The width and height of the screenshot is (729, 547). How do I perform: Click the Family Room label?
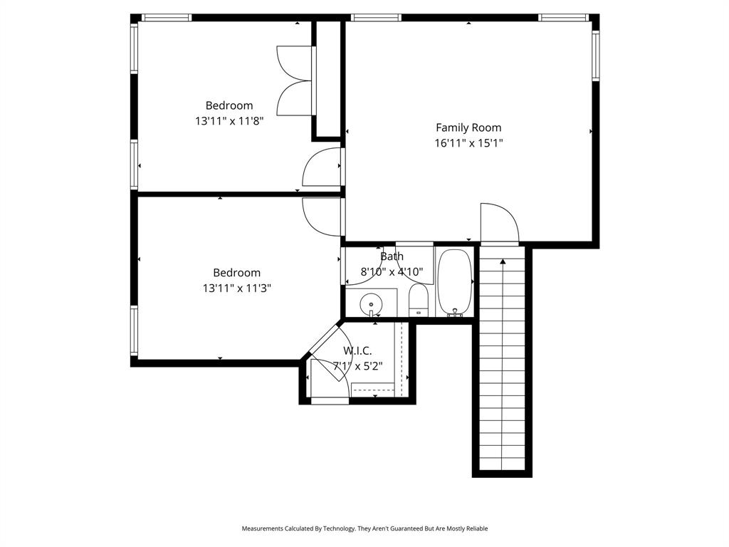click(468, 127)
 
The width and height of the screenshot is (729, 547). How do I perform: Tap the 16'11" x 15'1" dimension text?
click(468, 143)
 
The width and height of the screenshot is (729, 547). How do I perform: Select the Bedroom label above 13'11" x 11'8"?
click(229, 105)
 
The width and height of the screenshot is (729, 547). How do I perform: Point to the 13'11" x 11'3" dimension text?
click(236, 288)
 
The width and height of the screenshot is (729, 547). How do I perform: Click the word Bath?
click(392, 256)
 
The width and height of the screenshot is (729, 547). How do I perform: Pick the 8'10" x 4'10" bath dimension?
click(392, 271)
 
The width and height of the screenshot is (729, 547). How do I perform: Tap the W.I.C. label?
click(357, 351)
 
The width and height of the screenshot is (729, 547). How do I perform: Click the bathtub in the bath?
click(454, 281)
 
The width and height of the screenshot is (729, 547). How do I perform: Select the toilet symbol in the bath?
click(418, 299)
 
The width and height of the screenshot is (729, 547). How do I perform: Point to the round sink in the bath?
click(371, 305)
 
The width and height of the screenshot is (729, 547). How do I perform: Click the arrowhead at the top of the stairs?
click(503, 261)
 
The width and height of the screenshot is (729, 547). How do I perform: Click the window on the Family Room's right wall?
click(595, 56)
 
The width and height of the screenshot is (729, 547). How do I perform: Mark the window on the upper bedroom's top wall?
click(166, 18)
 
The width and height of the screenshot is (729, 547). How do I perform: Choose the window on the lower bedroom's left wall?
click(134, 330)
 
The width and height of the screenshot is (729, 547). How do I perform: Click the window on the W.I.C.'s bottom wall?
click(330, 401)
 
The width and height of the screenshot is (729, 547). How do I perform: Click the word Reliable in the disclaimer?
click(476, 528)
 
